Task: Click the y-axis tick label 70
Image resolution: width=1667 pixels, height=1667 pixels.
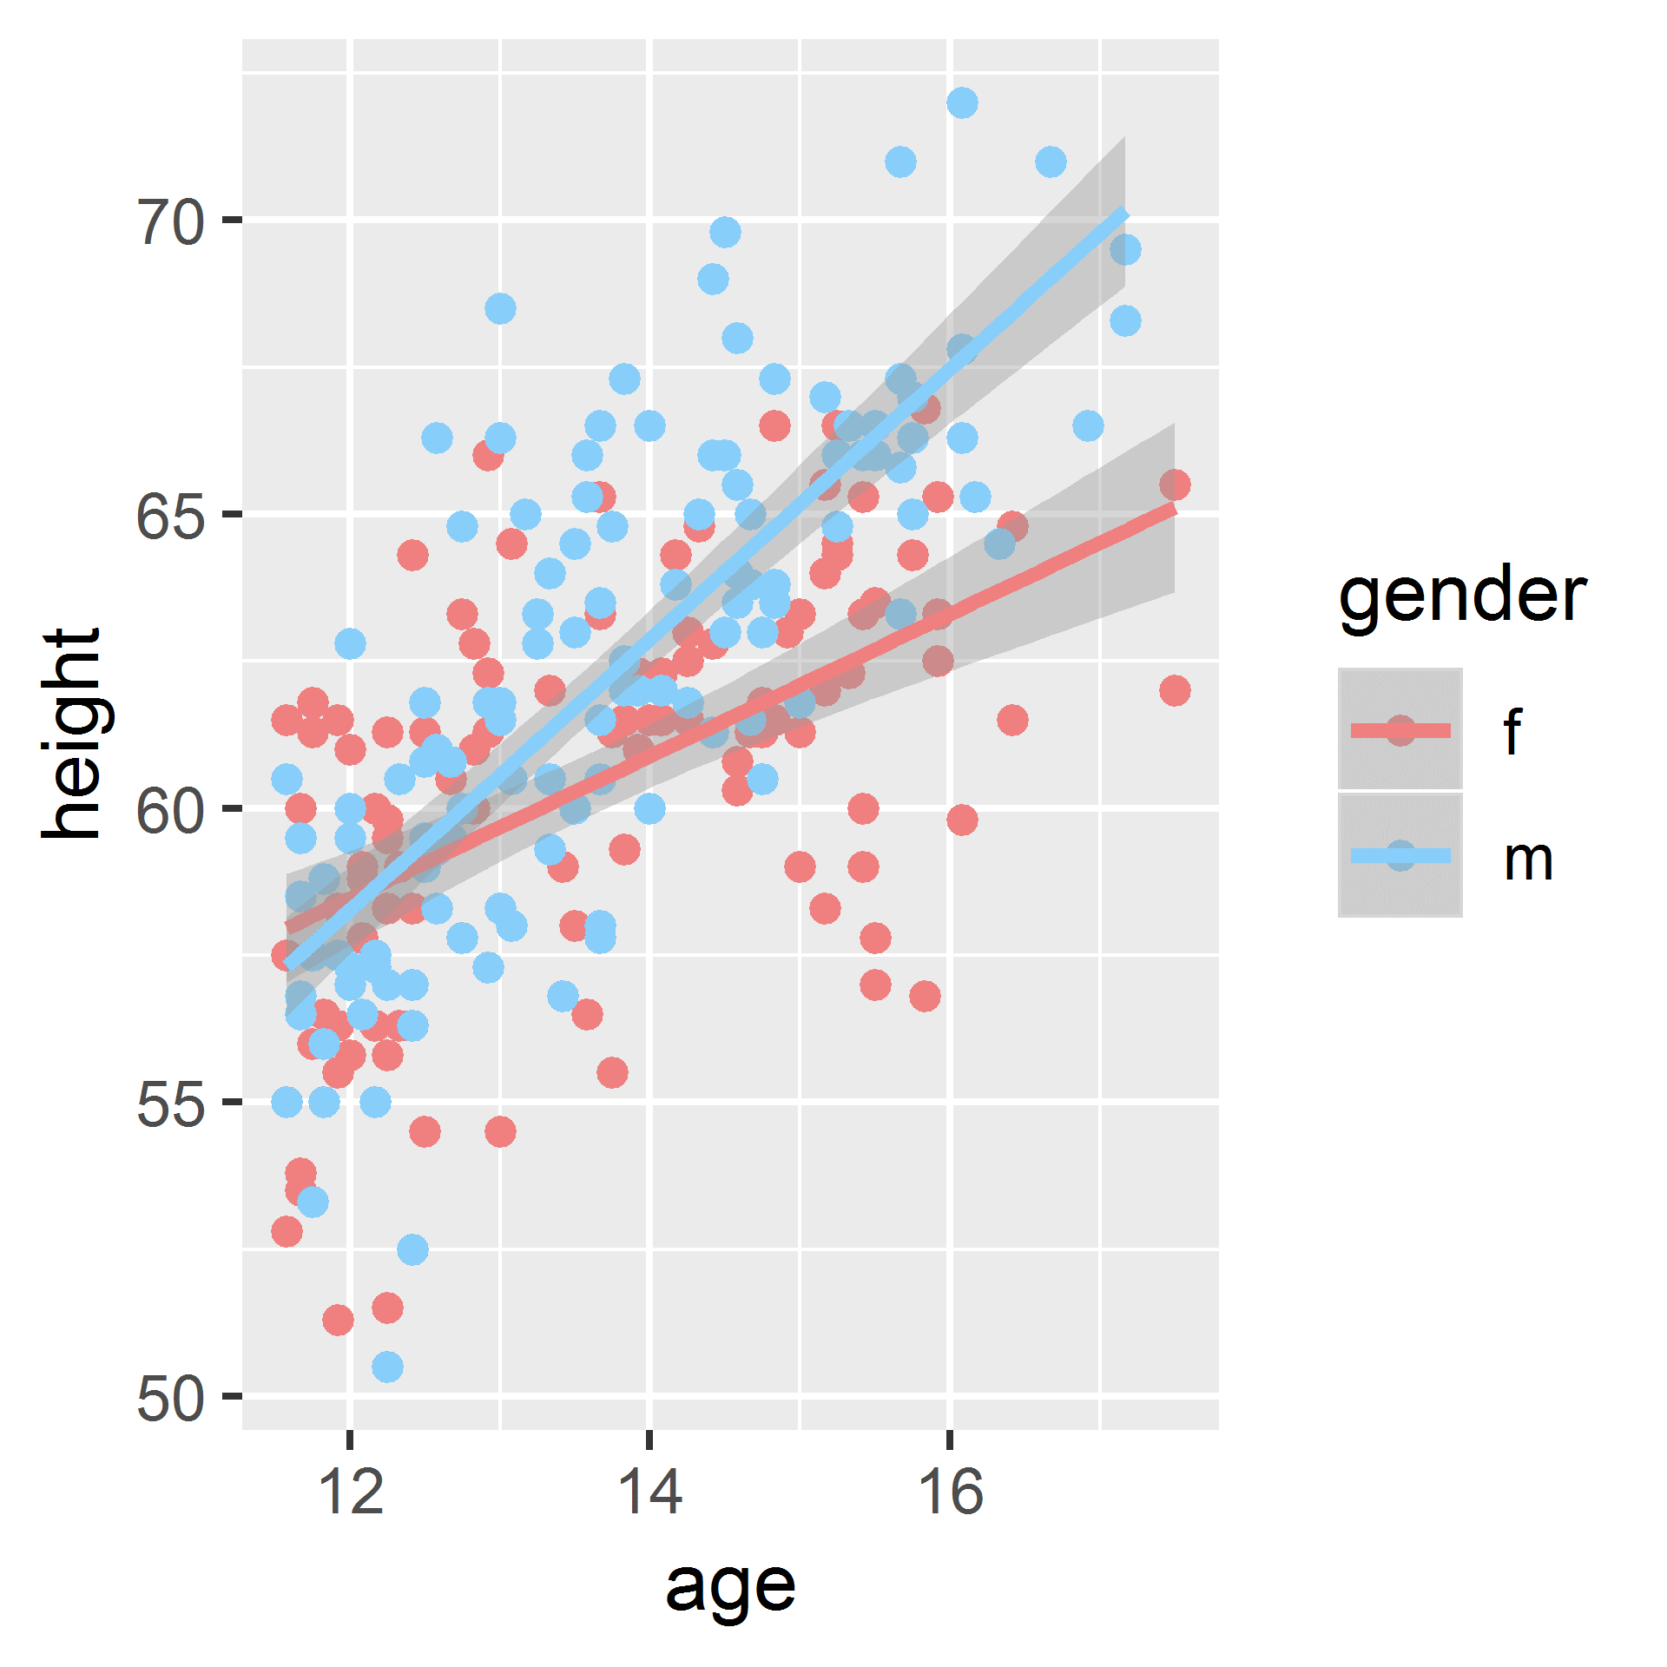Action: (171, 222)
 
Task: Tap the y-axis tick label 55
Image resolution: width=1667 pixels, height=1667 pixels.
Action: (171, 1104)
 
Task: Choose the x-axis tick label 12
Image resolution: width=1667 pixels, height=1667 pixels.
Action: (350, 1492)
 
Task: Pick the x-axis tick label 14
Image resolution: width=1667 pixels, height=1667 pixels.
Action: (650, 1492)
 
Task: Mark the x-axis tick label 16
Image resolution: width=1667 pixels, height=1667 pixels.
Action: (951, 1492)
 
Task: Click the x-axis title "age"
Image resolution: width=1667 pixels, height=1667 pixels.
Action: (730, 1585)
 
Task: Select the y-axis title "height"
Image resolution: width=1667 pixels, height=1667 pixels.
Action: (71, 734)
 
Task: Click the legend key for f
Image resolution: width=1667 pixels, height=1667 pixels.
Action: (1400, 729)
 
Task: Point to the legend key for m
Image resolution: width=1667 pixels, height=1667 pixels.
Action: (1400, 855)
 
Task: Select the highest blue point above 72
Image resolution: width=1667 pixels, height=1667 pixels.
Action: (962, 102)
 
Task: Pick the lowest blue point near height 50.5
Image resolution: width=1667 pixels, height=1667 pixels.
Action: (387, 1367)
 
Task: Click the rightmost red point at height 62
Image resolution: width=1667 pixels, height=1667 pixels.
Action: (1175, 691)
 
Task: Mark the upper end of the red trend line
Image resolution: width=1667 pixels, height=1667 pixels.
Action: (1175, 509)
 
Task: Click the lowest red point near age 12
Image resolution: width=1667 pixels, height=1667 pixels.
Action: (338, 1321)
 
